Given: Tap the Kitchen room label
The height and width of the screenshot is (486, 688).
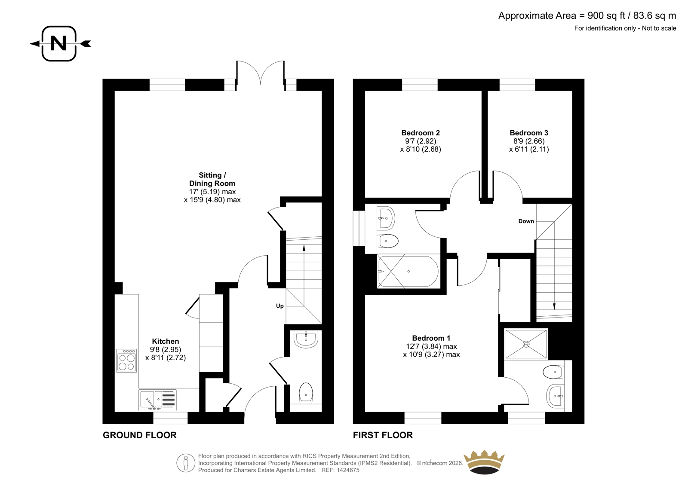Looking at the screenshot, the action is [165, 341].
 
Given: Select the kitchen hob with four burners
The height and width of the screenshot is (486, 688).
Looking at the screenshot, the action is [126, 361].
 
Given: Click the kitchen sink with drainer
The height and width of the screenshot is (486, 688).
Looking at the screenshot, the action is [157, 400].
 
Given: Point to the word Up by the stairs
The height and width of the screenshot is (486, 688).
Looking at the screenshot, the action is [279, 306].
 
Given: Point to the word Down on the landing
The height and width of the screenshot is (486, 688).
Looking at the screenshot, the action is [526, 221].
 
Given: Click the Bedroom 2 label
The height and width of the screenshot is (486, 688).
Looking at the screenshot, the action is [421, 133].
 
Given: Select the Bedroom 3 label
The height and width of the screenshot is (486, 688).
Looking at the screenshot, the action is [529, 133].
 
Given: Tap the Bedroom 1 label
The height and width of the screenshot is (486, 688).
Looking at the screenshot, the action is [431, 338].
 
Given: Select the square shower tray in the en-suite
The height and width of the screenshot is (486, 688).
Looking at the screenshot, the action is [526, 344].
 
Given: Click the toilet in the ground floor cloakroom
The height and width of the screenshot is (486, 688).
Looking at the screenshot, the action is [306, 393].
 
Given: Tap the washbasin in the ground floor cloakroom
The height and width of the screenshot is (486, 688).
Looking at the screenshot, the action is [306, 339].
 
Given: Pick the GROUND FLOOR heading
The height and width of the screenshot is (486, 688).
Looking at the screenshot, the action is [139, 435].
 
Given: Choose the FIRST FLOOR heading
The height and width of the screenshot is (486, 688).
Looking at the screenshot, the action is [383, 435].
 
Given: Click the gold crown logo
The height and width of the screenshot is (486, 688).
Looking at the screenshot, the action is [484, 462].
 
